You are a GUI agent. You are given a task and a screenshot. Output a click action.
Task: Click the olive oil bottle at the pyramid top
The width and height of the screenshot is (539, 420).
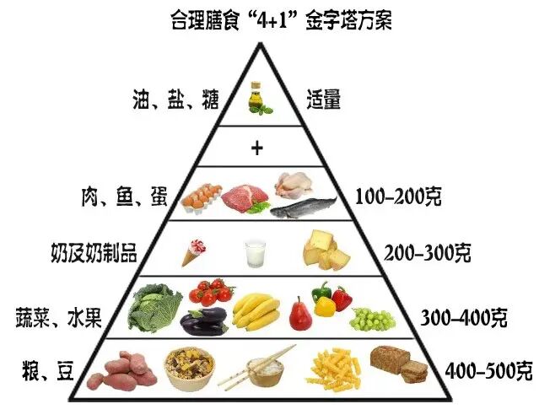pos(256,97)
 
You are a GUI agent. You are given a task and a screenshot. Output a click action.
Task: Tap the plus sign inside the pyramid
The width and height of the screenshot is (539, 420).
pos(257,148)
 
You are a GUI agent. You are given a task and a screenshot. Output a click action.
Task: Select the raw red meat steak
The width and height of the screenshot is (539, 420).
pos(245,197)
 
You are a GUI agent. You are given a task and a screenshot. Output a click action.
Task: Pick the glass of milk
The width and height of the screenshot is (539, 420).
pos(255,252)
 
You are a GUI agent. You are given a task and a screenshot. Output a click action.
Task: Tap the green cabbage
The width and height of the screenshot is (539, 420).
pos(154,308)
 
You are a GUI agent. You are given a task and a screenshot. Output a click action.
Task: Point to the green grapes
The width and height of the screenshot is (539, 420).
pos(372,319)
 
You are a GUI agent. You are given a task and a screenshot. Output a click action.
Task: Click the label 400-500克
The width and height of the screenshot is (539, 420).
pos(488,369)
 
